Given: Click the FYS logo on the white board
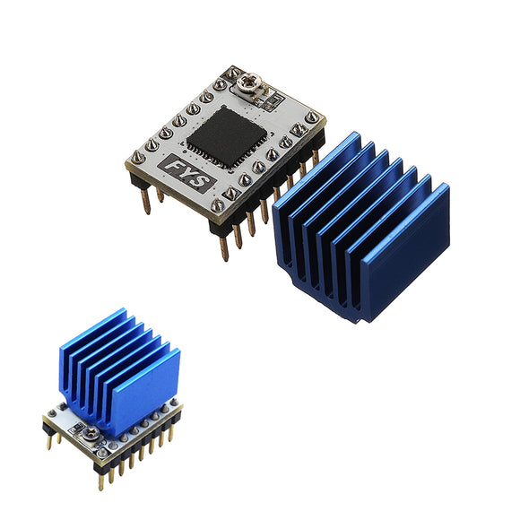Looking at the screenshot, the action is [186, 173].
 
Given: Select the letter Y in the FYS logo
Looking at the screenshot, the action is [186, 173].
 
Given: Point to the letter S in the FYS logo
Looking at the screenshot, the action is [202, 182].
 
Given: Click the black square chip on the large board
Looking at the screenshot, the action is [227, 135].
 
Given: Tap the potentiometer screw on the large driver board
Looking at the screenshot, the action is [251, 82].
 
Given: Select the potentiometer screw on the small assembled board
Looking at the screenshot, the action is [91, 432].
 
